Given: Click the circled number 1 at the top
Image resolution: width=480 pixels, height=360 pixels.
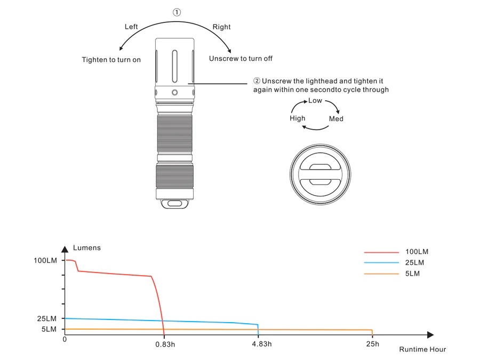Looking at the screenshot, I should pyautogui.click(x=177, y=12).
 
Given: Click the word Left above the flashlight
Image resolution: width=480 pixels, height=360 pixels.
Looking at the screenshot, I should pyautogui.click(x=131, y=27).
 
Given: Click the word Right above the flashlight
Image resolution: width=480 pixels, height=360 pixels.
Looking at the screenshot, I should pyautogui.click(x=222, y=27).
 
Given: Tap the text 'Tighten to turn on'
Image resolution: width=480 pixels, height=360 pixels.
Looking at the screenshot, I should pyautogui.click(x=111, y=60).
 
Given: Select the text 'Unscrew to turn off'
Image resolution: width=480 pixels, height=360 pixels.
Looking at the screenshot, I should pyautogui.click(x=241, y=59).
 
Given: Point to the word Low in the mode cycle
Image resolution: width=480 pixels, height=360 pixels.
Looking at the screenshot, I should pyautogui.click(x=315, y=100).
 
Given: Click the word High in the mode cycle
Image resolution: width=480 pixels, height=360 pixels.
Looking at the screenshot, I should pyautogui.click(x=297, y=118).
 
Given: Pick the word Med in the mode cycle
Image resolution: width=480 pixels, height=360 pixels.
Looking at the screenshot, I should pyautogui.click(x=336, y=119).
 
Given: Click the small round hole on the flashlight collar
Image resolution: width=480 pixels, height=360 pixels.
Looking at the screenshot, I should pyautogui.click(x=175, y=93).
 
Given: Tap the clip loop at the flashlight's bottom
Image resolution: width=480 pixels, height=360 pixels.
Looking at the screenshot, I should pyautogui.click(x=175, y=203).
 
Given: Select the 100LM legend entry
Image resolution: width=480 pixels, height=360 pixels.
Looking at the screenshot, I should pyautogui.click(x=417, y=252).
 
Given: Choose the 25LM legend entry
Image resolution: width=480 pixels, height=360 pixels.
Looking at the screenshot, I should pyautogui.click(x=415, y=262).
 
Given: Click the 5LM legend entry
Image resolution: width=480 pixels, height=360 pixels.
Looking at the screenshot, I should pyautogui.click(x=413, y=274).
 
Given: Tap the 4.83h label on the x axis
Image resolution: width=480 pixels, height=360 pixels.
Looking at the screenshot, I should pyautogui.click(x=261, y=344).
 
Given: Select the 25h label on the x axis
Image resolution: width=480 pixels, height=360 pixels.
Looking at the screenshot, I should pyautogui.click(x=373, y=344).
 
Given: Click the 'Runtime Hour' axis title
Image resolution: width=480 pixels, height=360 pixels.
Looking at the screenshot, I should pyautogui.click(x=422, y=349).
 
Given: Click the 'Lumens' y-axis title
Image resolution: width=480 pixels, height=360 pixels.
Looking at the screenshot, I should pyautogui.click(x=86, y=248).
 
